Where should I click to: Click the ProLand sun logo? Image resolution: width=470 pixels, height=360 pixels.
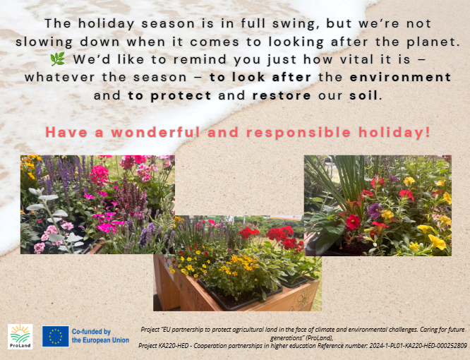coord(20,336)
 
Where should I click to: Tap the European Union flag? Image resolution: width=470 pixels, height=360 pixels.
coord(56,336)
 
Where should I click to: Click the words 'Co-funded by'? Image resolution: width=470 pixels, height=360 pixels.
coord(91,332)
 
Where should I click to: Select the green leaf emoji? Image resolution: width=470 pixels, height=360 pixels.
coord(58,59)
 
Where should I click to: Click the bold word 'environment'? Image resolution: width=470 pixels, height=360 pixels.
coord(400,78)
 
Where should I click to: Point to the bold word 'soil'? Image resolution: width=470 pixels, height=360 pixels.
coord(363,95)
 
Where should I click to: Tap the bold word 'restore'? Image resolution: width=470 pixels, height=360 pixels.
coord(282,95)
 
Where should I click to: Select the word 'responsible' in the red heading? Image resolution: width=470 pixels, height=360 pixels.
coord(299,133)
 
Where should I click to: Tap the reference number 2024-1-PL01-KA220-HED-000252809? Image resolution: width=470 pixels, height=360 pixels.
coord(418,346)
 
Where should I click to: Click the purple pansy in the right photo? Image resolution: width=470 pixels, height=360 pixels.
coord(375,210)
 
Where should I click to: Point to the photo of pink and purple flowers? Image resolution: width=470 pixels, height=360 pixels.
coord(97,205)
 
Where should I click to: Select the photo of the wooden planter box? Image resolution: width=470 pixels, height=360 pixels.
coord(237,263)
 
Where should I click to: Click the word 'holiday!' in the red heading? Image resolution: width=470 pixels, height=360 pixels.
coord(394,133)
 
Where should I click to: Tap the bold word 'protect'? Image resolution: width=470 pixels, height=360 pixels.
coord(181,95)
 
